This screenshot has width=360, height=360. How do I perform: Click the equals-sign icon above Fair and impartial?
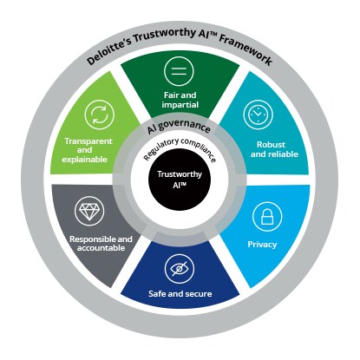tap(179, 71)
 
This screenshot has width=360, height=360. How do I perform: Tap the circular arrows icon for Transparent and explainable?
tap(100, 115)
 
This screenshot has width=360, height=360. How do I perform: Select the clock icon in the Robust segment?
tap(258, 115)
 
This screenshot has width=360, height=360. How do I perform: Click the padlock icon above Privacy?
tap(267, 217)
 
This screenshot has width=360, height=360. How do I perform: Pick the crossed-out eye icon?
tap(180, 269)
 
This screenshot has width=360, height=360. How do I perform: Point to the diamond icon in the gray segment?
tap(89, 211)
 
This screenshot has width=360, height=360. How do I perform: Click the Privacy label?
tap(262, 245)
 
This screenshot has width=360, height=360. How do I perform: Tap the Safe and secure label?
tap(180, 294)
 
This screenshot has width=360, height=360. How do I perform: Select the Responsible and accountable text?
tap(101, 244)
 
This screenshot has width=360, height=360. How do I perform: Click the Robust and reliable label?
tap(274, 149)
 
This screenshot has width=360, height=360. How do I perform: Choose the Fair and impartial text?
tap(180, 100)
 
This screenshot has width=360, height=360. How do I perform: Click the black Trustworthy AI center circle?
tap(180, 180)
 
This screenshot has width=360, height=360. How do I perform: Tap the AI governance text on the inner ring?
tap(179, 126)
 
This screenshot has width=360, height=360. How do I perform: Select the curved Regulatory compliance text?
tap(180, 148)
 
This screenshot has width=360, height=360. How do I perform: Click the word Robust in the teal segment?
tap(271, 145)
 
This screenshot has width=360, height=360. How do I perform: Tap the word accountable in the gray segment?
tap(101, 248)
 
